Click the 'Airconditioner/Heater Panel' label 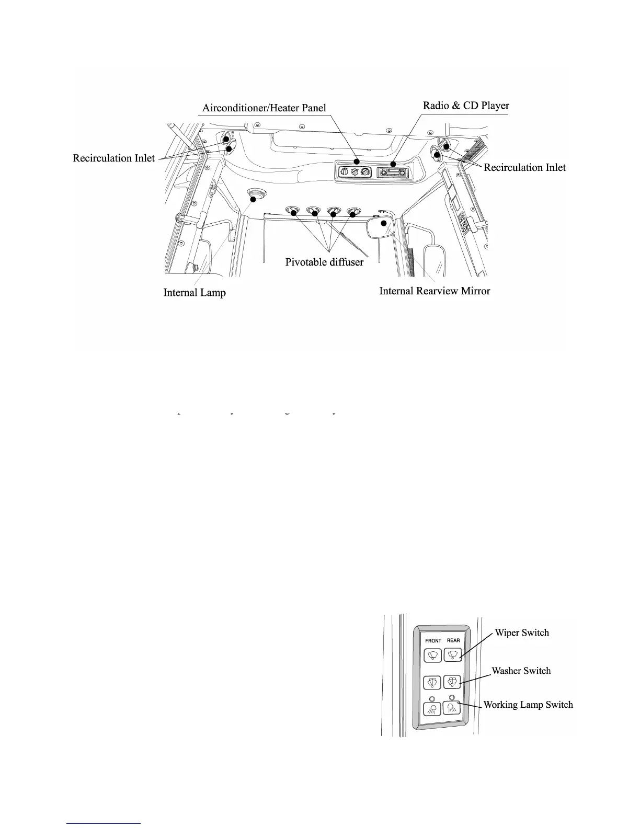tap(264, 108)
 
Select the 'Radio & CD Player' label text tap(465, 106)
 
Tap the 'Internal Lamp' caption tap(195, 292)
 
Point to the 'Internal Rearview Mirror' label tap(435, 291)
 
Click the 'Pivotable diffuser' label tap(324, 262)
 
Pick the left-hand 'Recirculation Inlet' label tap(113, 158)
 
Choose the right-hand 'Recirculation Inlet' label tap(524, 167)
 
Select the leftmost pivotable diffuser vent tap(291, 211)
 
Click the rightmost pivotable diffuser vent tap(354, 211)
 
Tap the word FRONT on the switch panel tap(433, 640)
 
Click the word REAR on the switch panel tap(453, 640)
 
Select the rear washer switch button tap(452, 682)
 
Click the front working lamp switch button tap(432, 709)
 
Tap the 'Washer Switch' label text tap(521, 671)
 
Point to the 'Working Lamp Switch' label tap(528, 705)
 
